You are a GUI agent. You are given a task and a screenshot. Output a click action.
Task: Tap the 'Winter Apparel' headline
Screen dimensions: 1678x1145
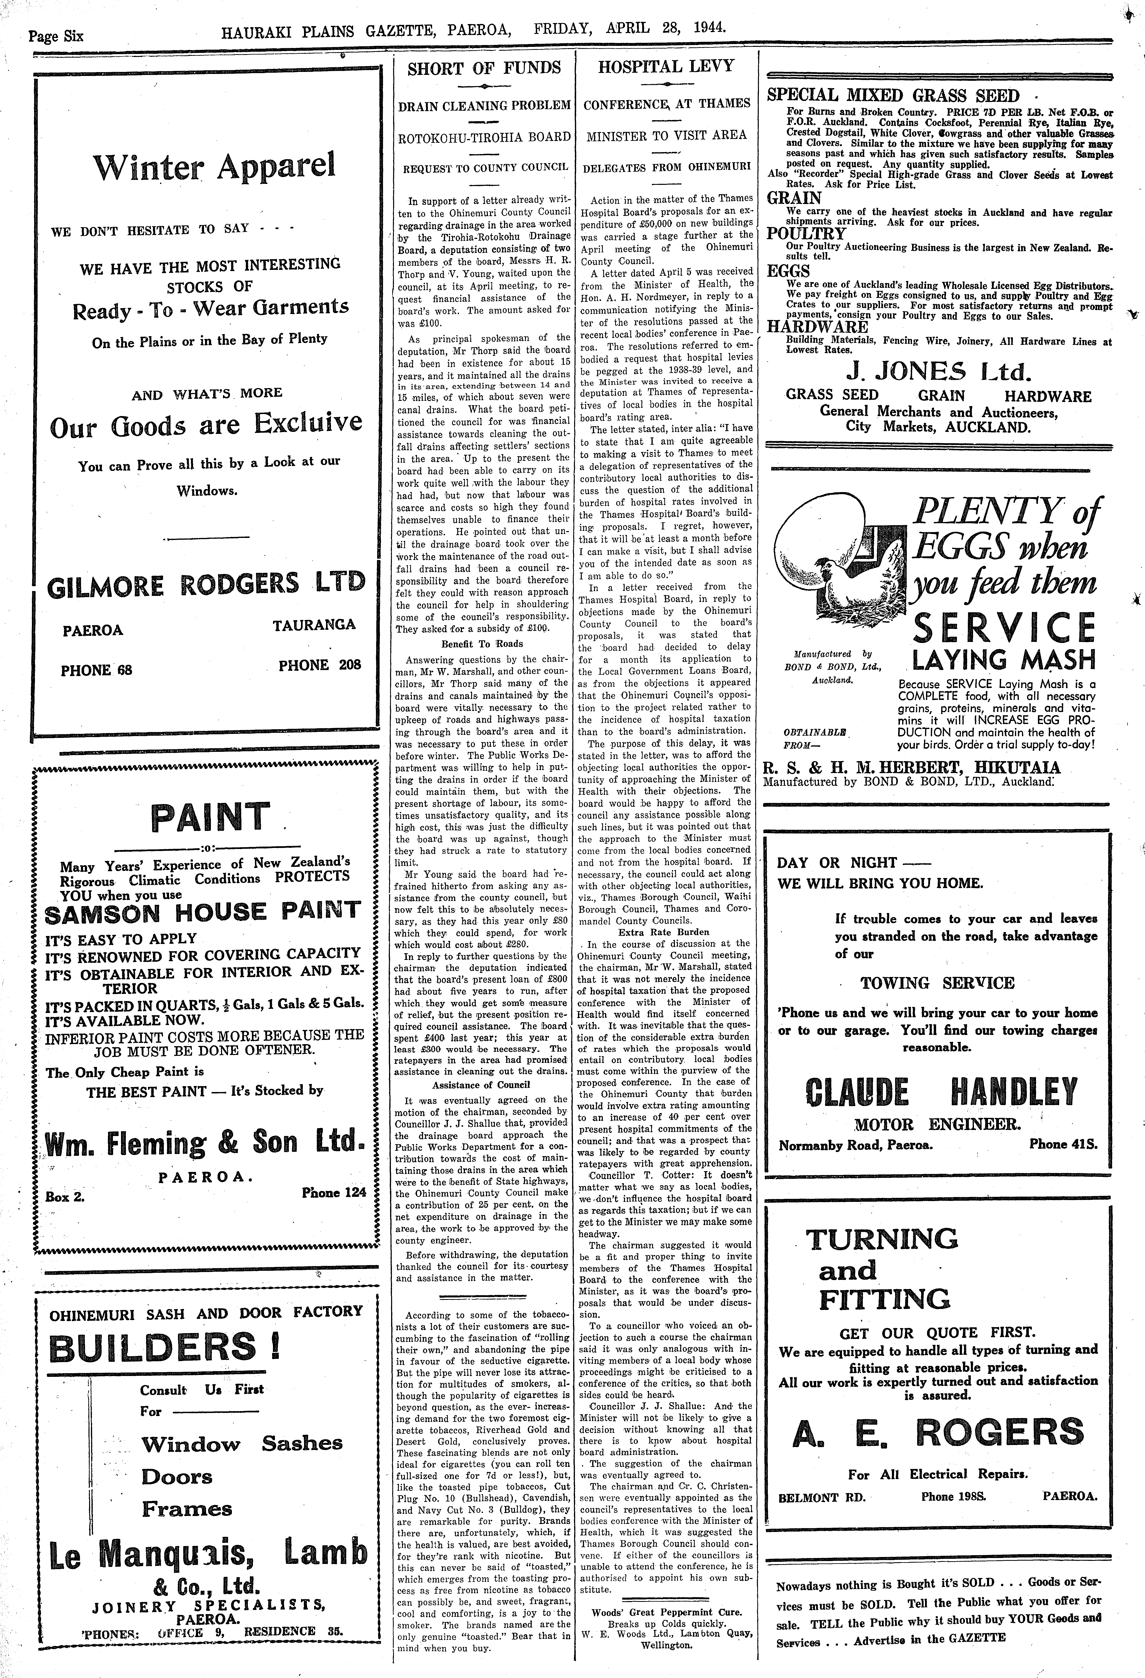214,167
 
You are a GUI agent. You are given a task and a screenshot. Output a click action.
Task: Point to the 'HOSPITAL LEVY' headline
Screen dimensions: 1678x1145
666,66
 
